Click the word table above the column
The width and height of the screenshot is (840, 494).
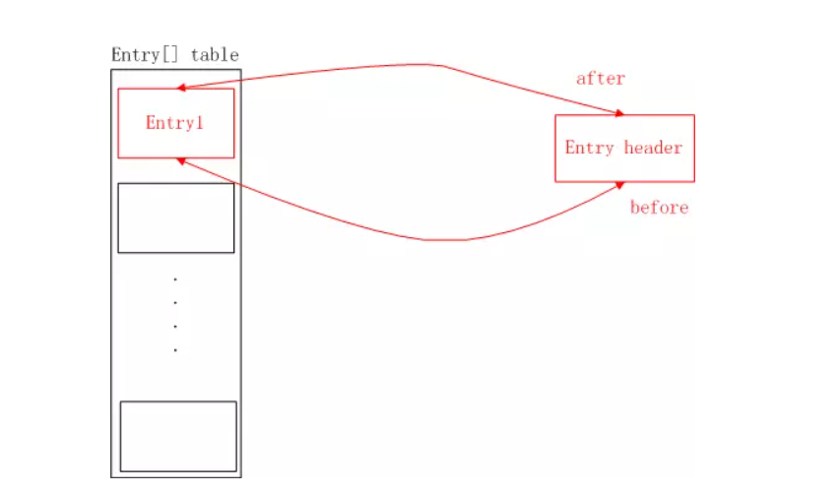(x=215, y=55)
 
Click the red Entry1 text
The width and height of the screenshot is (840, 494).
(x=175, y=123)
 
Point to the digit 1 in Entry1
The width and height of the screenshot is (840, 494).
(x=201, y=123)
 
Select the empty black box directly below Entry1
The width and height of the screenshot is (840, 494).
(x=176, y=217)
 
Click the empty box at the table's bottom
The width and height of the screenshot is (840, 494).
(x=178, y=436)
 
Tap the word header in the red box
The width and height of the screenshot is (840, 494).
(x=653, y=149)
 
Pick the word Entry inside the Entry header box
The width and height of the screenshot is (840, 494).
(x=589, y=149)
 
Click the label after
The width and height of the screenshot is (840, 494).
(x=601, y=79)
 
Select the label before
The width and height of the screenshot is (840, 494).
(x=659, y=208)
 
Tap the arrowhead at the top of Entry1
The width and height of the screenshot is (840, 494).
(x=181, y=89)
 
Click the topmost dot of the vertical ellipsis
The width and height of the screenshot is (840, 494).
(x=175, y=279)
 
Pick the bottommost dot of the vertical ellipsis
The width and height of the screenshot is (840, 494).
(x=175, y=349)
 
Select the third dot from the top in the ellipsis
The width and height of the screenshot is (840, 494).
(x=175, y=326)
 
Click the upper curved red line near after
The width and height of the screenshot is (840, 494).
(x=433, y=66)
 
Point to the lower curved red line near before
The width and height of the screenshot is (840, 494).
(x=443, y=239)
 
